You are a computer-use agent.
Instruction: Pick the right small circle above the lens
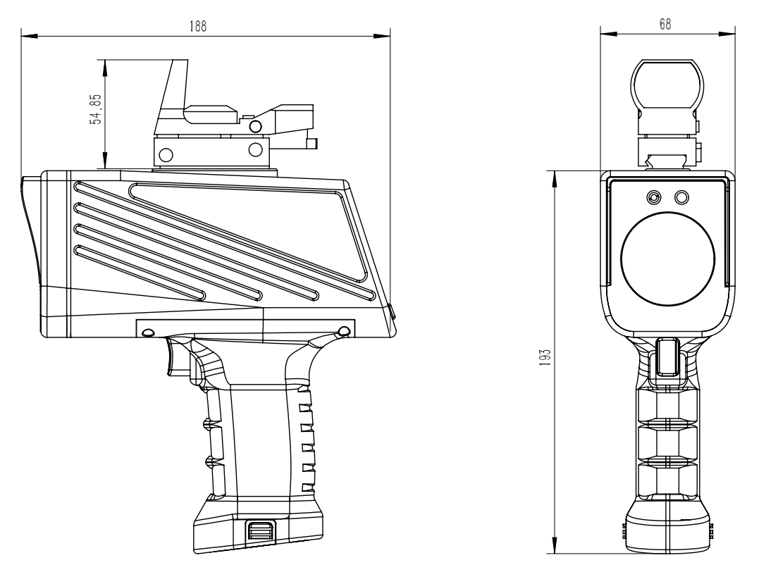coord(681,197)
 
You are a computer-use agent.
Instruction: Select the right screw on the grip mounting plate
coord(344,331)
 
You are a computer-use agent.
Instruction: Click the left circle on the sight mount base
coord(167,152)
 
